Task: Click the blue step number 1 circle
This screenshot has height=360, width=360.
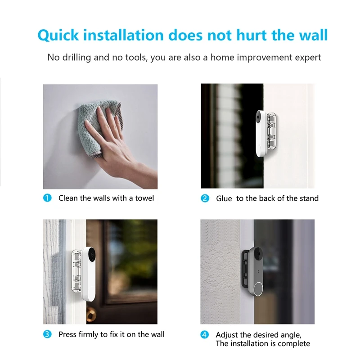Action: (x=48, y=198)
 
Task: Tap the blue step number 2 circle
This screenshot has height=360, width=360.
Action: (x=205, y=198)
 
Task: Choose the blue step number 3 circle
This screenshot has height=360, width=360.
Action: (x=48, y=334)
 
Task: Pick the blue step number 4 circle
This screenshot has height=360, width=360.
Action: (x=205, y=335)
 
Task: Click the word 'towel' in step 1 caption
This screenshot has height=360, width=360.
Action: (x=144, y=198)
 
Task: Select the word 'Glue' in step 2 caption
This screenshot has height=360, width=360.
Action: (x=224, y=198)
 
